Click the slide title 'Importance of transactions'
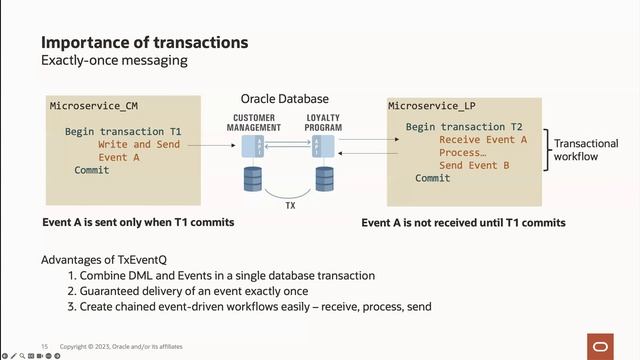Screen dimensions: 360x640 tap(144, 43)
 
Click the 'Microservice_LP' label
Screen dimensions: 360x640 tap(431, 105)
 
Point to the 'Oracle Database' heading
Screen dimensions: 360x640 tap(283, 100)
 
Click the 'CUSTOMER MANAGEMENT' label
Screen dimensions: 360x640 tap(254, 123)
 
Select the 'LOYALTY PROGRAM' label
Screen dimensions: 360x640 tap(323, 123)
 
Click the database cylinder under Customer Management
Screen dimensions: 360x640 tap(253, 179)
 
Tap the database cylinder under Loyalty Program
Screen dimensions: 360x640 tap(323, 179)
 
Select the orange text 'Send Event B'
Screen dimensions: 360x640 tap(474, 165)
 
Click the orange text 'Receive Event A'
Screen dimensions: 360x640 tap(483, 140)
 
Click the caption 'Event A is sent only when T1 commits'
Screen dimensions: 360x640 tap(138, 222)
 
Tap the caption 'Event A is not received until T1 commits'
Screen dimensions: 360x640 tap(463, 222)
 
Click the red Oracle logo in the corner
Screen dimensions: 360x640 tap(601, 346)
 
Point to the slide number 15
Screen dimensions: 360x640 tap(45, 347)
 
